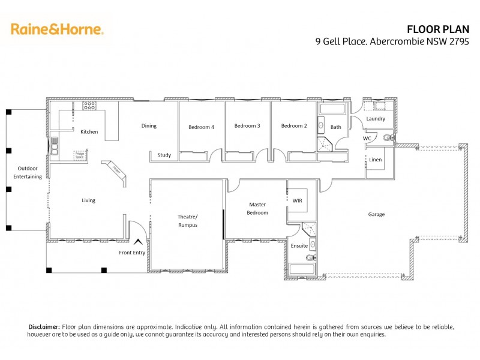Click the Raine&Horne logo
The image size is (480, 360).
[x=57, y=29]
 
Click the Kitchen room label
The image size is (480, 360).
[x=89, y=132]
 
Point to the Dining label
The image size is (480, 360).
[x=149, y=126]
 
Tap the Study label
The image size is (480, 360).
[x=164, y=155]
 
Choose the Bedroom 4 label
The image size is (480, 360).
[x=201, y=127]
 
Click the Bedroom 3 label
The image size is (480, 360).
[x=247, y=126]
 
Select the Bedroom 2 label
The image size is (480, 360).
[x=294, y=126]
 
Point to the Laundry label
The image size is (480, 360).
[x=376, y=119]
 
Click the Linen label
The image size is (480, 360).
[x=376, y=160]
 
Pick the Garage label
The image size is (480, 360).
[x=376, y=214]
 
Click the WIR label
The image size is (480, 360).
[x=298, y=200]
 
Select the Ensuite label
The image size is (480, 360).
[x=299, y=245]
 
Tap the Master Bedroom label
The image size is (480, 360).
[x=257, y=209]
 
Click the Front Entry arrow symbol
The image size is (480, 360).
[x=139, y=241]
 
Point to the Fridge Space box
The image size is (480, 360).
[x=79, y=155]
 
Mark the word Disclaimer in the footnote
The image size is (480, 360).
[x=44, y=326]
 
